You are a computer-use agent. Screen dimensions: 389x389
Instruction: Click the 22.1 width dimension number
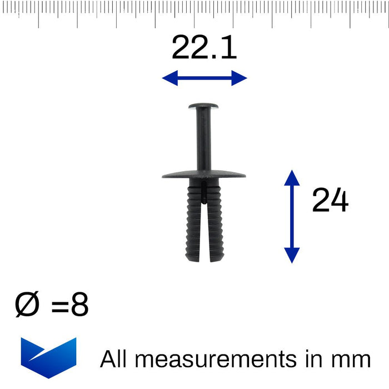[204, 47]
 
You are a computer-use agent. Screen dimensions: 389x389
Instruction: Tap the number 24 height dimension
[330, 200]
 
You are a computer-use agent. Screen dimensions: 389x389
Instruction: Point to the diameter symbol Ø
[27, 304]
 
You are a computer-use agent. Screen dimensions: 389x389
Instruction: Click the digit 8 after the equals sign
[79, 304]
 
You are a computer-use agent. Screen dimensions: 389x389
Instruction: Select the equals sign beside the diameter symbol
[60, 306]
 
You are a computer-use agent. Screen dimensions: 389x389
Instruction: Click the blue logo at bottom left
[49, 357]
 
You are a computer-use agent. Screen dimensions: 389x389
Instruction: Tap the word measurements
[216, 359]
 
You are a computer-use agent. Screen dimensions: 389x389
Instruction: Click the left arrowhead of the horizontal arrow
[170, 78]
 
